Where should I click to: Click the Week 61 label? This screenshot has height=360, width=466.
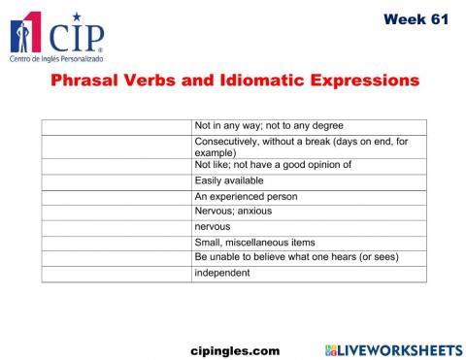(416, 18)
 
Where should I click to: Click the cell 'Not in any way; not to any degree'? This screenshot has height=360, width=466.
(269, 126)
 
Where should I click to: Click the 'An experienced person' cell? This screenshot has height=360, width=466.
(246, 196)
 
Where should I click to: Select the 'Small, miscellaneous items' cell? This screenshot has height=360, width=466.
(254, 243)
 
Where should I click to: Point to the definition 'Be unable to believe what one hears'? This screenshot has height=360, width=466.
(296, 257)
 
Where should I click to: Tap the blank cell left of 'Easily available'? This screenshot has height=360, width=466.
(116, 180)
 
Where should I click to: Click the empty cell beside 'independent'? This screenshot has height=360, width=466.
(116, 273)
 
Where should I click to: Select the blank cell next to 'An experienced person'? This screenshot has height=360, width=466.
(116, 196)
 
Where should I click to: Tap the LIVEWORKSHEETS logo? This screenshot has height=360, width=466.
(393, 348)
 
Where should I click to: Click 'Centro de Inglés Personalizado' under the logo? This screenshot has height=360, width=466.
(55, 59)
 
